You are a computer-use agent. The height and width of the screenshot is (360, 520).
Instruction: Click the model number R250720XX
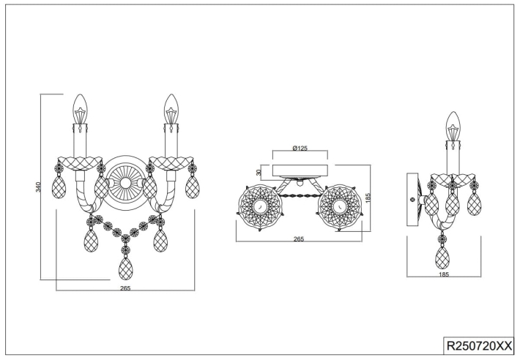479,346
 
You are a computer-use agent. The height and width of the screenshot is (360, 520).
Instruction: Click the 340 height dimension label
38,187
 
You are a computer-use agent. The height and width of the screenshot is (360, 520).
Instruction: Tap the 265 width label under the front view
125,288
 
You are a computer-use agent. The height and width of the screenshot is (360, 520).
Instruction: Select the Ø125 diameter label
300,149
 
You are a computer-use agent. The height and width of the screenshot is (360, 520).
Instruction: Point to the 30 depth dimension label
259,172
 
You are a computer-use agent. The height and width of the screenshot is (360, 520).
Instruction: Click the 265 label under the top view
299,239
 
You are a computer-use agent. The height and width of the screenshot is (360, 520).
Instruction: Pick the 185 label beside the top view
368,198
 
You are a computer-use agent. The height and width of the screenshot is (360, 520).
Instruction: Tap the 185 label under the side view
444,274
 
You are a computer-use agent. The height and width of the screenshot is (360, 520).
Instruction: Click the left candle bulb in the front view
80,109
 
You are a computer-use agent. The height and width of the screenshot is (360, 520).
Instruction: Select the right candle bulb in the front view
171,109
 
